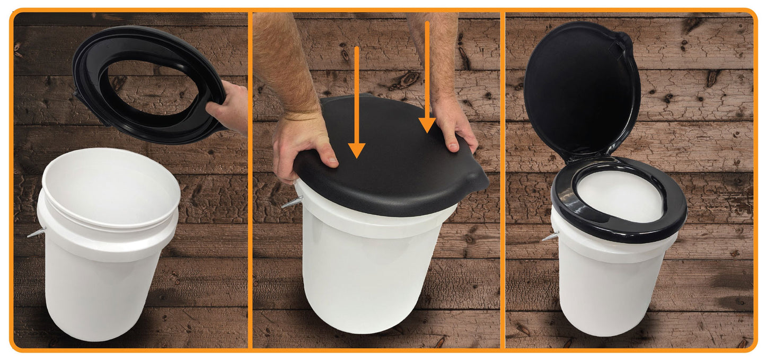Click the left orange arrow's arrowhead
click(x=357, y=150)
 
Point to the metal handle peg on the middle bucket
click(x=292, y=202)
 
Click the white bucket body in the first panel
click(x=106, y=292)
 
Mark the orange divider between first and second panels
click(x=250, y=180)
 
